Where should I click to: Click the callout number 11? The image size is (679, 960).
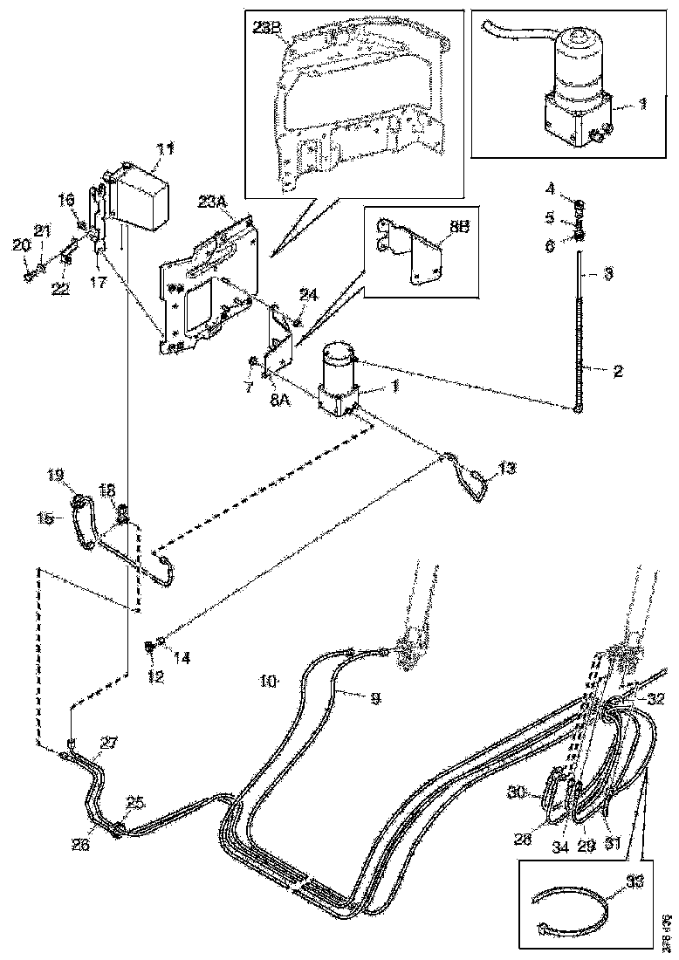[165, 149]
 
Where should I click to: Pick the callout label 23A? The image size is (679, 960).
[212, 202]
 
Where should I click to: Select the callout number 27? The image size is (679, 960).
[108, 743]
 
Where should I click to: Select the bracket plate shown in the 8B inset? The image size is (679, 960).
[419, 253]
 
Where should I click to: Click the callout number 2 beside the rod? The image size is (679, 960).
[617, 371]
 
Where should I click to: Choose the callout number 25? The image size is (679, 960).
[134, 800]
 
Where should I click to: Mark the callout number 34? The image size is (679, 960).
[559, 847]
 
